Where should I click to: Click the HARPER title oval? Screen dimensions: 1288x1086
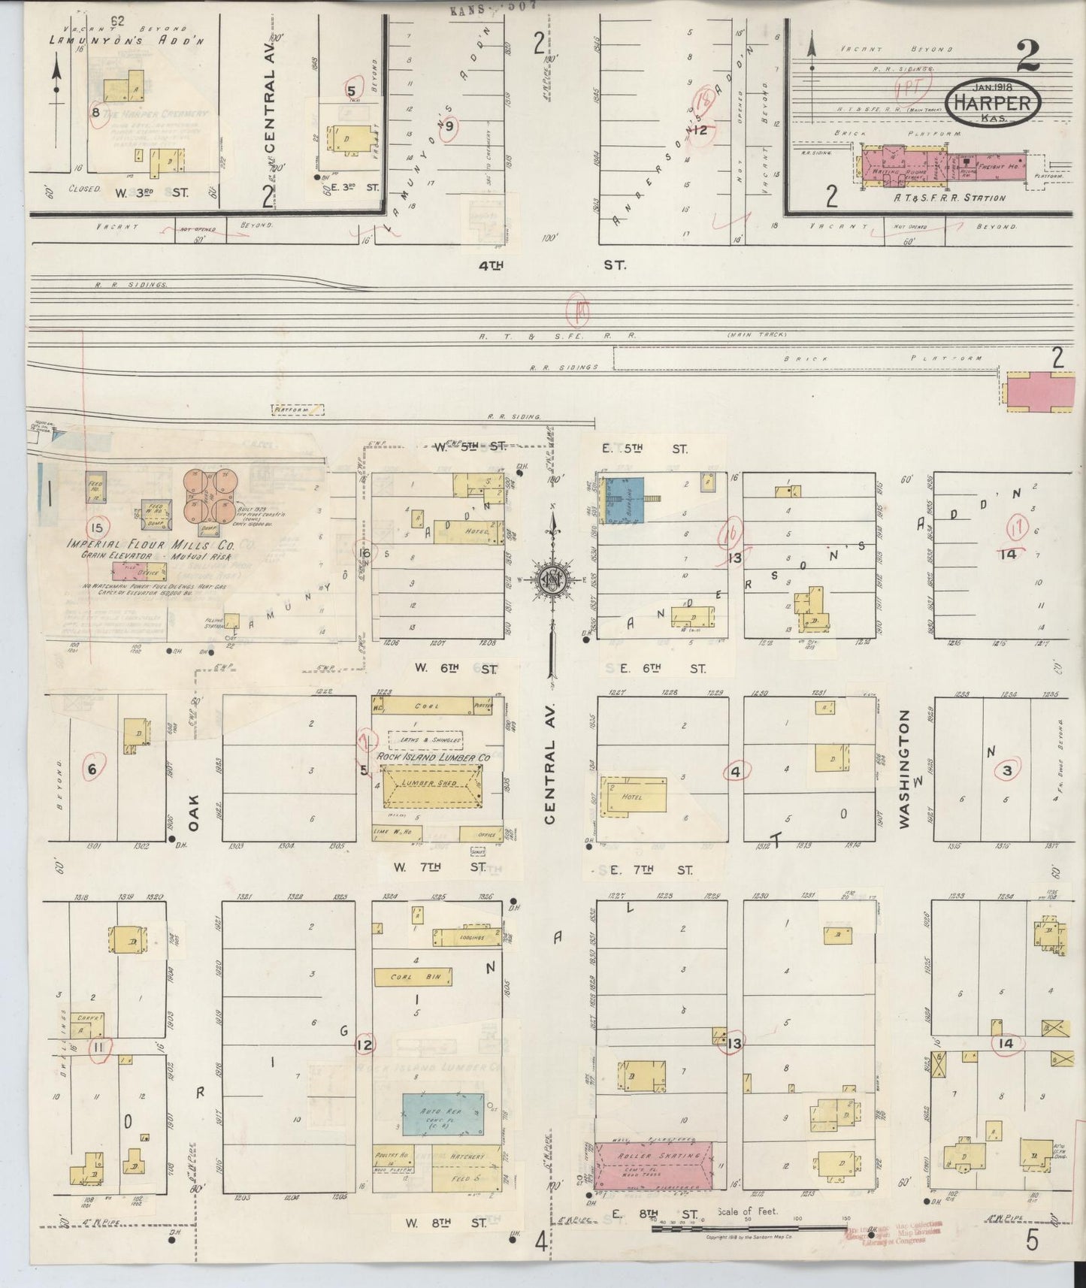click(993, 102)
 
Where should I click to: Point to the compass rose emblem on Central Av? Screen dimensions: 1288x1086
click(552, 579)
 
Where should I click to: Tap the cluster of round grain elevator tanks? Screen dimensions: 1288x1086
click(210, 497)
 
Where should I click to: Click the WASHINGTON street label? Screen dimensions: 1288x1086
click(904, 769)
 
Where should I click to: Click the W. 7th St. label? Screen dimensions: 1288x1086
click(439, 867)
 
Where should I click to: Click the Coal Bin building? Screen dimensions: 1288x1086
click(413, 977)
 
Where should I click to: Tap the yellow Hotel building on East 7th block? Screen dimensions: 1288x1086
click(634, 795)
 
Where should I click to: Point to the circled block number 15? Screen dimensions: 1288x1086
click(98, 527)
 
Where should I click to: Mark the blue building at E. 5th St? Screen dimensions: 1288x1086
click(622, 498)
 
